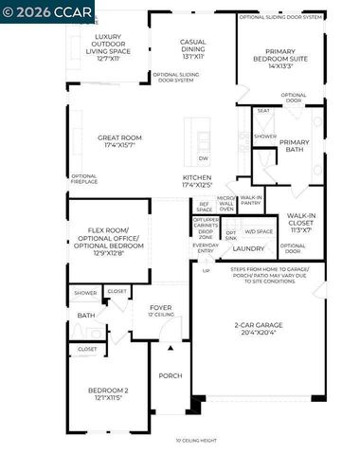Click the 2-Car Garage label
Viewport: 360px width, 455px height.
click(258, 329)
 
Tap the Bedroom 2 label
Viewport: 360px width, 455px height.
click(107, 394)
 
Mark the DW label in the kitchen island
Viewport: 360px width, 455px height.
click(204, 158)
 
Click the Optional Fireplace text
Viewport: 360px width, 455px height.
click(83, 178)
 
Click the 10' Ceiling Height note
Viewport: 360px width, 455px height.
click(195, 440)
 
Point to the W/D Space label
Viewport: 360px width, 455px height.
click(259, 231)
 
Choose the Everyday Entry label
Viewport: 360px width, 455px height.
click(205, 247)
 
